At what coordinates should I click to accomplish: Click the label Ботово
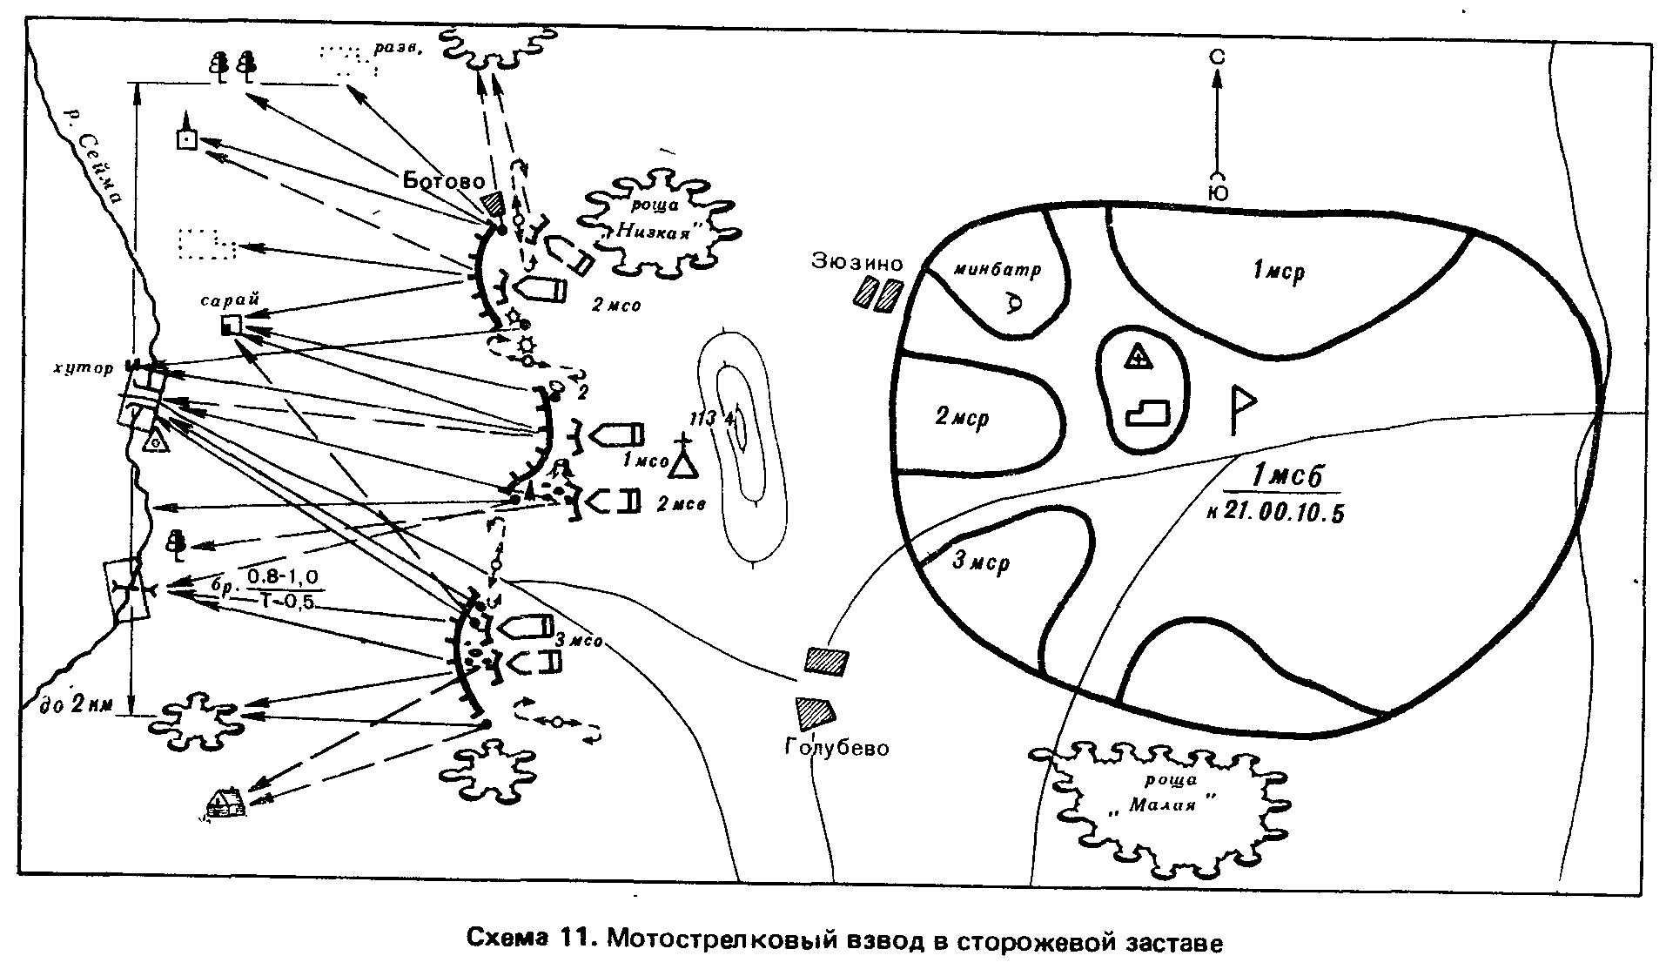pos(444,182)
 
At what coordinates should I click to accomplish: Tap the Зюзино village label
pos(858,262)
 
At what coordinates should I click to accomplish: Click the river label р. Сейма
pos(97,157)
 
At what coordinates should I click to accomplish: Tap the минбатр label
pos(997,270)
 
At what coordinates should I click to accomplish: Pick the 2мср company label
pos(963,418)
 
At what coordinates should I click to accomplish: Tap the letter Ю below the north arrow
pos(1219,193)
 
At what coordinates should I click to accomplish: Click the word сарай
pos(230,300)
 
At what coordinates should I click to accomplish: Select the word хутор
pos(82,367)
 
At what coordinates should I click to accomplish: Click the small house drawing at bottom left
pos(225,802)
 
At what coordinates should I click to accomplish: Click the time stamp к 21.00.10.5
pos(1275,513)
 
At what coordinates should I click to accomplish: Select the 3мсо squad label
pos(579,642)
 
